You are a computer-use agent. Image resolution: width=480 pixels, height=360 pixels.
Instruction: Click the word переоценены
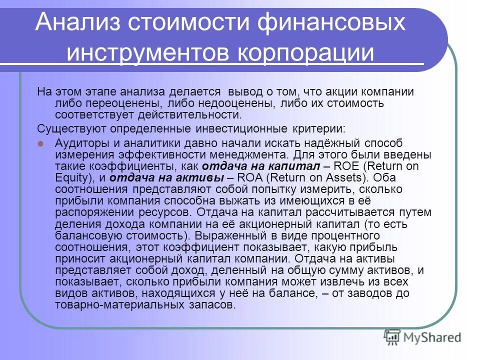123,103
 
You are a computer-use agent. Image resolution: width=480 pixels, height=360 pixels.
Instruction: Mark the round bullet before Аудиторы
41,143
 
